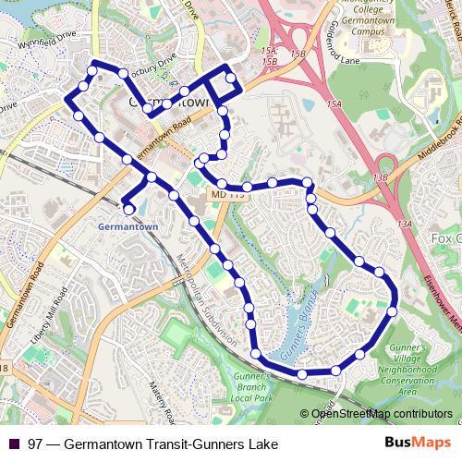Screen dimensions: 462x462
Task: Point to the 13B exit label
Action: pyautogui.click(x=381, y=176)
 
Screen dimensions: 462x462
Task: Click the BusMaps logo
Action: pyautogui.click(x=419, y=444)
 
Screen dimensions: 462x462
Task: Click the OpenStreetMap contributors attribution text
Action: pyautogui.click(x=375, y=414)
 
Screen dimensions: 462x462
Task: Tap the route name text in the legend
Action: pyautogui.click(x=153, y=444)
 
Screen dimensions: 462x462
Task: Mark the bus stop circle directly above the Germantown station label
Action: pyautogui.click(x=128, y=210)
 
